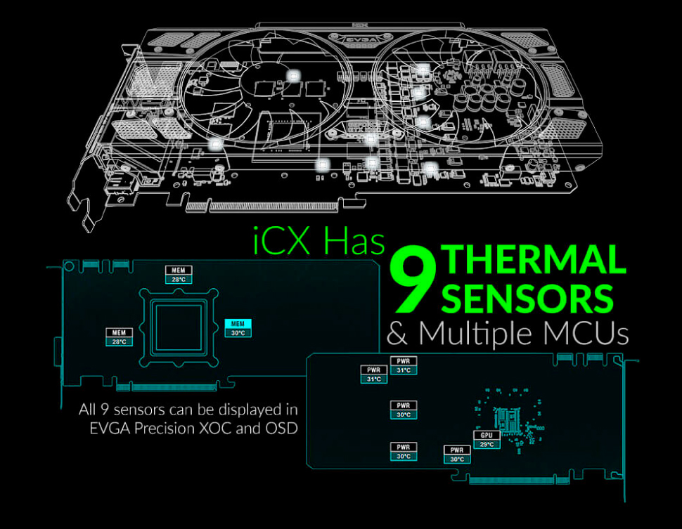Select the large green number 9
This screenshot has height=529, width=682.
click(x=413, y=280)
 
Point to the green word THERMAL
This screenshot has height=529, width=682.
click(x=533, y=259)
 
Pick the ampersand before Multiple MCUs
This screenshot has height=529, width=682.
click(x=397, y=334)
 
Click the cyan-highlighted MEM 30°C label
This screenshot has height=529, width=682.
click(x=238, y=328)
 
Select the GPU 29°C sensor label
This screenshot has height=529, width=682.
click(x=487, y=440)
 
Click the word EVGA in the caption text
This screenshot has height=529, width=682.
click(x=110, y=428)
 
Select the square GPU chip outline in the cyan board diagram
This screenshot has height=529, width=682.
click(x=179, y=327)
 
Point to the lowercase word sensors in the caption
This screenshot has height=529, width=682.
click(x=139, y=410)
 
